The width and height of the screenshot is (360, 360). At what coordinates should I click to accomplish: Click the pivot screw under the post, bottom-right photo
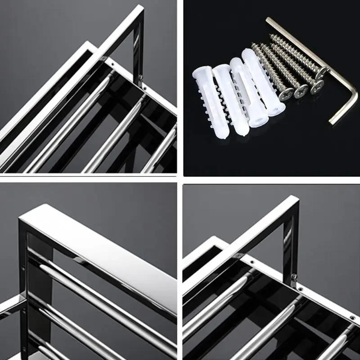click(295, 275)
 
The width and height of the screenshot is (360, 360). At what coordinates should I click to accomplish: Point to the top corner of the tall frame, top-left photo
click(140, 8)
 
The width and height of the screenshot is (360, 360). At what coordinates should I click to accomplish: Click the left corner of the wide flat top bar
click(20, 219)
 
